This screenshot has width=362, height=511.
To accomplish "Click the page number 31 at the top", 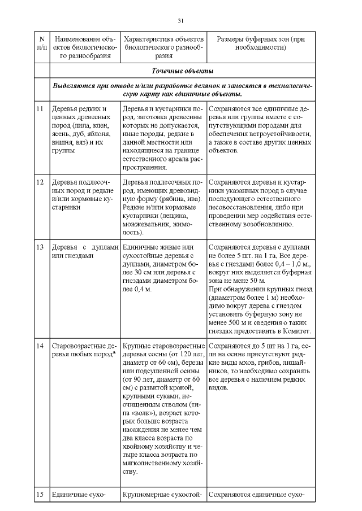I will (180, 20).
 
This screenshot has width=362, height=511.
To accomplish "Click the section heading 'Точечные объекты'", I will (180, 71).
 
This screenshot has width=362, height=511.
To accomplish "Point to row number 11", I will (40, 108).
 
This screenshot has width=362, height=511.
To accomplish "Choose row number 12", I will (40, 182).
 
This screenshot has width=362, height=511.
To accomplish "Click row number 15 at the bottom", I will (40, 495).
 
